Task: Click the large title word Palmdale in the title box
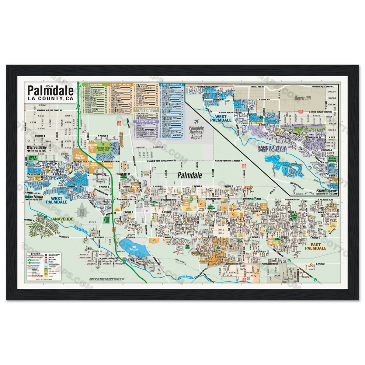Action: click(x=50, y=90)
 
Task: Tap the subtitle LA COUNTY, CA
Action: click(x=50, y=98)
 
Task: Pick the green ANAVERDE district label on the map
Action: click(x=61, y=219)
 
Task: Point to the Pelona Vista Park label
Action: click(x=106, y=220)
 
